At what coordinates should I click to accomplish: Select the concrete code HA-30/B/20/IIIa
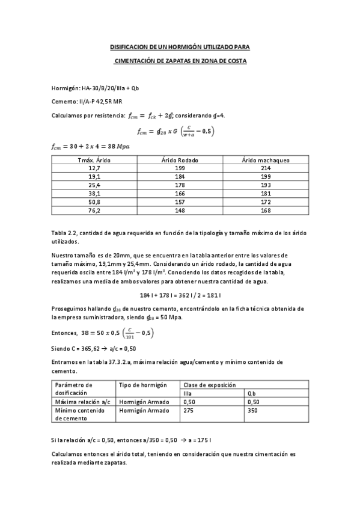point(105,88)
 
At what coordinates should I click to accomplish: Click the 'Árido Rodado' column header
point(180,160)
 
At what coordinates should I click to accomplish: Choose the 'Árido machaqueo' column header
point(265,160)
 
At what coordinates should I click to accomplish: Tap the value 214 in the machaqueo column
point(265,169)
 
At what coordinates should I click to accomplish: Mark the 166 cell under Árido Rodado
point(180,194)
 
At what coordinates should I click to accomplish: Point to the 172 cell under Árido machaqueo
point(265,202)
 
